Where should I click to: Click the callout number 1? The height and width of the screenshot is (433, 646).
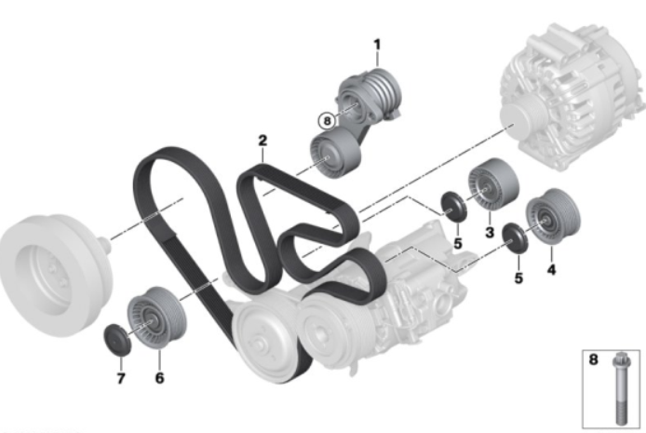point(377,45)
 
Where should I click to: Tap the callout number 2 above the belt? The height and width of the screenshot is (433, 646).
point(262,141)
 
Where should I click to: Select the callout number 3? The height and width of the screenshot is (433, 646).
point(490,233)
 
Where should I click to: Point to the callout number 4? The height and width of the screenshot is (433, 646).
point(551,270)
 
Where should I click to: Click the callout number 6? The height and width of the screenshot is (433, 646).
point(159,378)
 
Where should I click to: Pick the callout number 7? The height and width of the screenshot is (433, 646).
point(121,378)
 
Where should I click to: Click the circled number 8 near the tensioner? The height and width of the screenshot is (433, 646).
point(327,121)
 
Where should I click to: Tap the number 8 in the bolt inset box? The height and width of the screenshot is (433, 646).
point(593,359)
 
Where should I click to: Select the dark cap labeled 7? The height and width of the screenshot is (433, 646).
point(117,340)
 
